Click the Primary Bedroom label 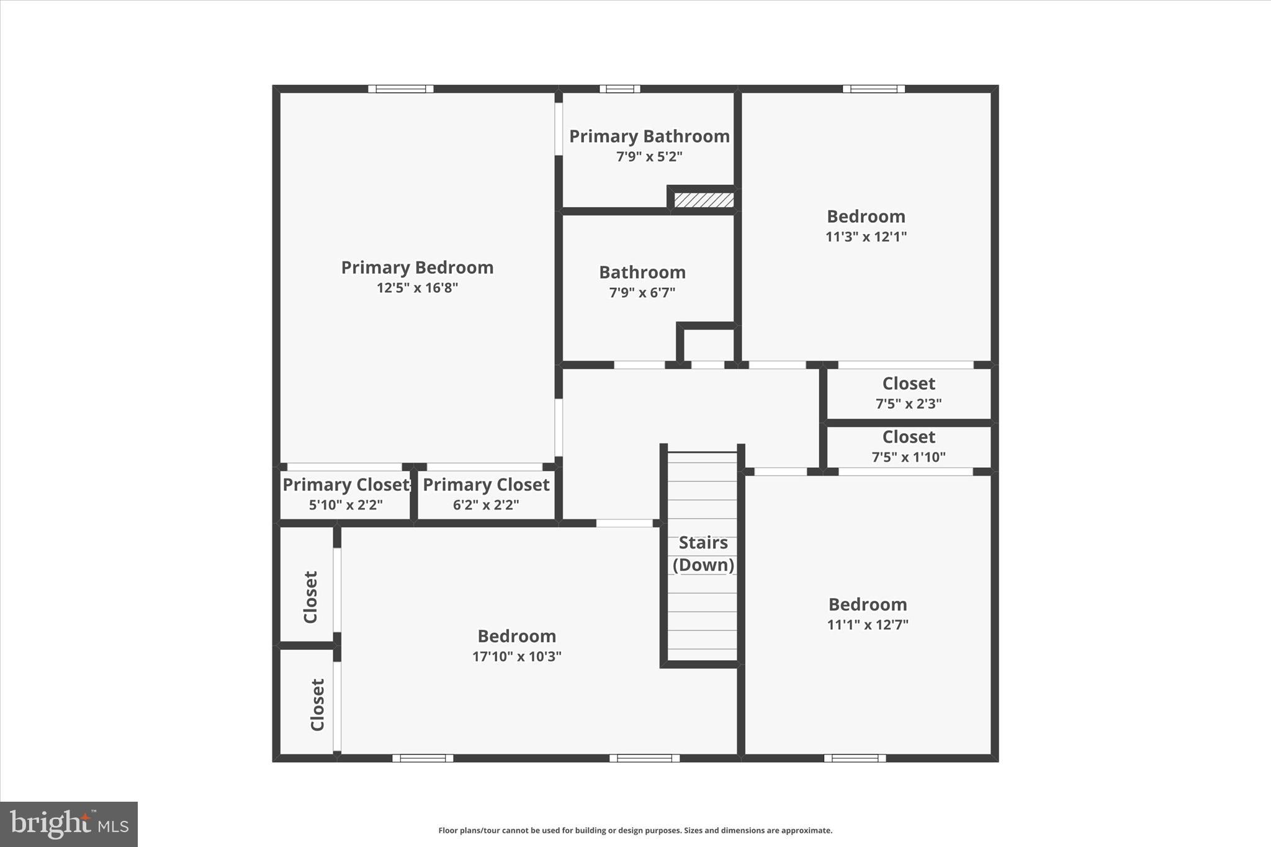(x=417, y=267)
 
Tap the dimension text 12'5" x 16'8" (x=417, y=288)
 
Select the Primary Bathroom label (x=649, y=137)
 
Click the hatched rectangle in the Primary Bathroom (x=704, y=200)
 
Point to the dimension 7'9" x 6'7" (x=642, y=292)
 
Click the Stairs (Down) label (x=703, y=553)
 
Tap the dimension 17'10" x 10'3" (x=516, y=657)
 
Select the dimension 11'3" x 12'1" (x=866, y=236)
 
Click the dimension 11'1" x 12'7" (x=868, y=624)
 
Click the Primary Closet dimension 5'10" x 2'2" (x=346, y=505)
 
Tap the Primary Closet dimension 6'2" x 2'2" (x=486, y=505)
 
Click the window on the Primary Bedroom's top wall (x=400, y=89)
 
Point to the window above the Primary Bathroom (x=619, y=89)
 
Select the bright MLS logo (x=69, y=824)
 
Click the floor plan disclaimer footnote (x=635, y=830)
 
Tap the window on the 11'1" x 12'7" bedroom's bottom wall (x=855, y=758)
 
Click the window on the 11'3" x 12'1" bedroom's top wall (x=873, y=89)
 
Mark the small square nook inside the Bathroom (x=707, y=345)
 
